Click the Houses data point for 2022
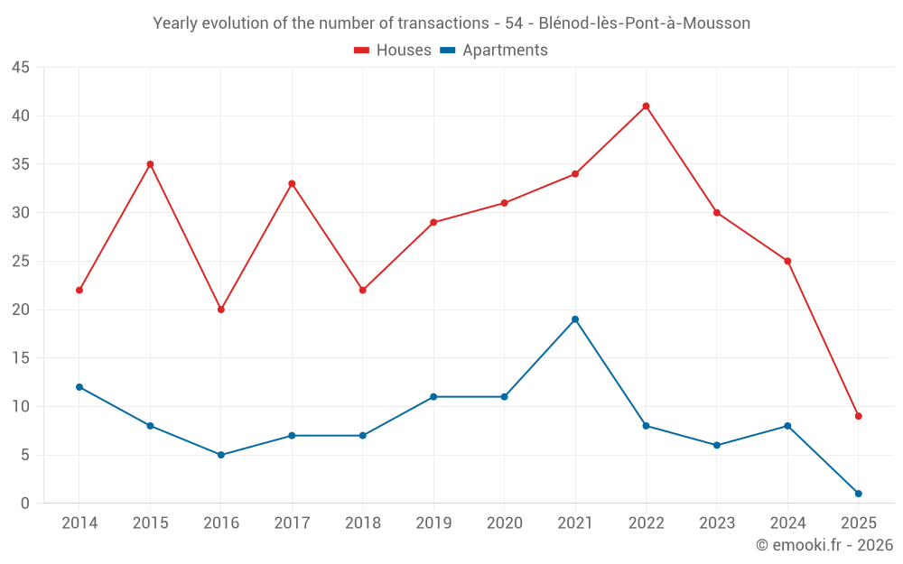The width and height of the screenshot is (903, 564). (646, 106)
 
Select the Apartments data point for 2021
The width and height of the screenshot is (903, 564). (575, 319)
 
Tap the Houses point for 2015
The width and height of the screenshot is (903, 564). (150, 164)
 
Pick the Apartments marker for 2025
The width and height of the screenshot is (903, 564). (858, 494)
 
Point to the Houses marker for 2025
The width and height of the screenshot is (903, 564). (858, 416)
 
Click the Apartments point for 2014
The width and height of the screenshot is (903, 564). (79, 387)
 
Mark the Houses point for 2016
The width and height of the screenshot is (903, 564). (221, 310)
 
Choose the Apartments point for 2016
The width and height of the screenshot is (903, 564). (221, 455)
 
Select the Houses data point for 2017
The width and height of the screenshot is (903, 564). (292, 184)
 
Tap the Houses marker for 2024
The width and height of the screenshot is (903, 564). (787, 262)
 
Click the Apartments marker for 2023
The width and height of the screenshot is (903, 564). (717, 445)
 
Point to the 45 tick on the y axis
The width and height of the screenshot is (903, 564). (21, 68)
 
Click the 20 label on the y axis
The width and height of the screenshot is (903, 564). (21, 310)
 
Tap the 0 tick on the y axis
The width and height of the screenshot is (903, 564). (25, 504)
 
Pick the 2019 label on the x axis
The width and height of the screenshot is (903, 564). (433, 523)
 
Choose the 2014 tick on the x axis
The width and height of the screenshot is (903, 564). (79, 523)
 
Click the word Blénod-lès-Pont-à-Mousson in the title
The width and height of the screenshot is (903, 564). (644, 23)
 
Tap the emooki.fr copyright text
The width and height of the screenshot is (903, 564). (824, 545)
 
